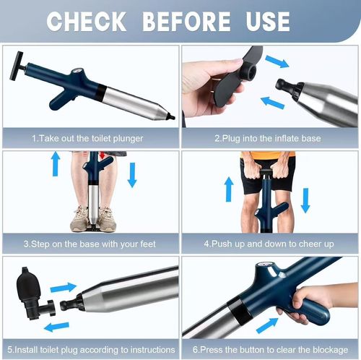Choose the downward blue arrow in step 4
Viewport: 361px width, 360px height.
[x=305, y=199]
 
